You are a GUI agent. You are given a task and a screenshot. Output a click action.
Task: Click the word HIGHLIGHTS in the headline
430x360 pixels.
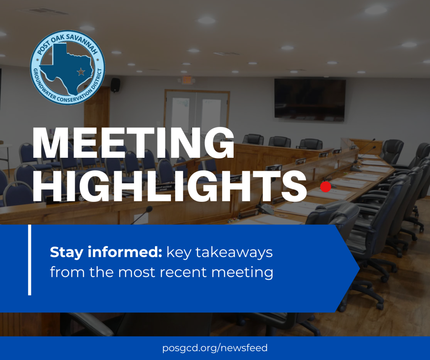[170, 186]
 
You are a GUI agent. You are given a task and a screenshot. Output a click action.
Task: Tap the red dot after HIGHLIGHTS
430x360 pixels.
[325, 187]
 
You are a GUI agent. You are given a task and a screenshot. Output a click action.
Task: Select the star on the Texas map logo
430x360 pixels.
[81, 72]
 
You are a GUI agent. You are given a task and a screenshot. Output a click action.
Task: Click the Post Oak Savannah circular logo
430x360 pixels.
[68, 68]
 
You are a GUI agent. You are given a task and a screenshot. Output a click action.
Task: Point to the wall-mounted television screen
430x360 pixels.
[310, 100]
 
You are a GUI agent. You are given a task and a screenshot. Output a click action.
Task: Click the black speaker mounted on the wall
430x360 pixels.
[115, 85]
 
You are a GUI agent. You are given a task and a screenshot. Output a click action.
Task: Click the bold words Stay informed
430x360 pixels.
[106, 252]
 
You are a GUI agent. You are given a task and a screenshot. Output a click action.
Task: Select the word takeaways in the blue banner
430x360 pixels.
[234, 253]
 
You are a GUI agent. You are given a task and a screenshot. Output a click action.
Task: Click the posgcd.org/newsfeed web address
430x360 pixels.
[215, 348]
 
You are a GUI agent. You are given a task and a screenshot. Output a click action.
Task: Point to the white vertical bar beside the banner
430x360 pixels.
[30, 260]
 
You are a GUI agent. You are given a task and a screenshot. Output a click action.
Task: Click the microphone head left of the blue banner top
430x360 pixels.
[149, 209]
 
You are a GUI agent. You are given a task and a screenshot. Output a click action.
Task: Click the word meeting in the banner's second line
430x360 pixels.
[242, 273]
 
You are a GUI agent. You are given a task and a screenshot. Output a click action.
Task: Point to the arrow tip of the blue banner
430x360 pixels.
[359, 269]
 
